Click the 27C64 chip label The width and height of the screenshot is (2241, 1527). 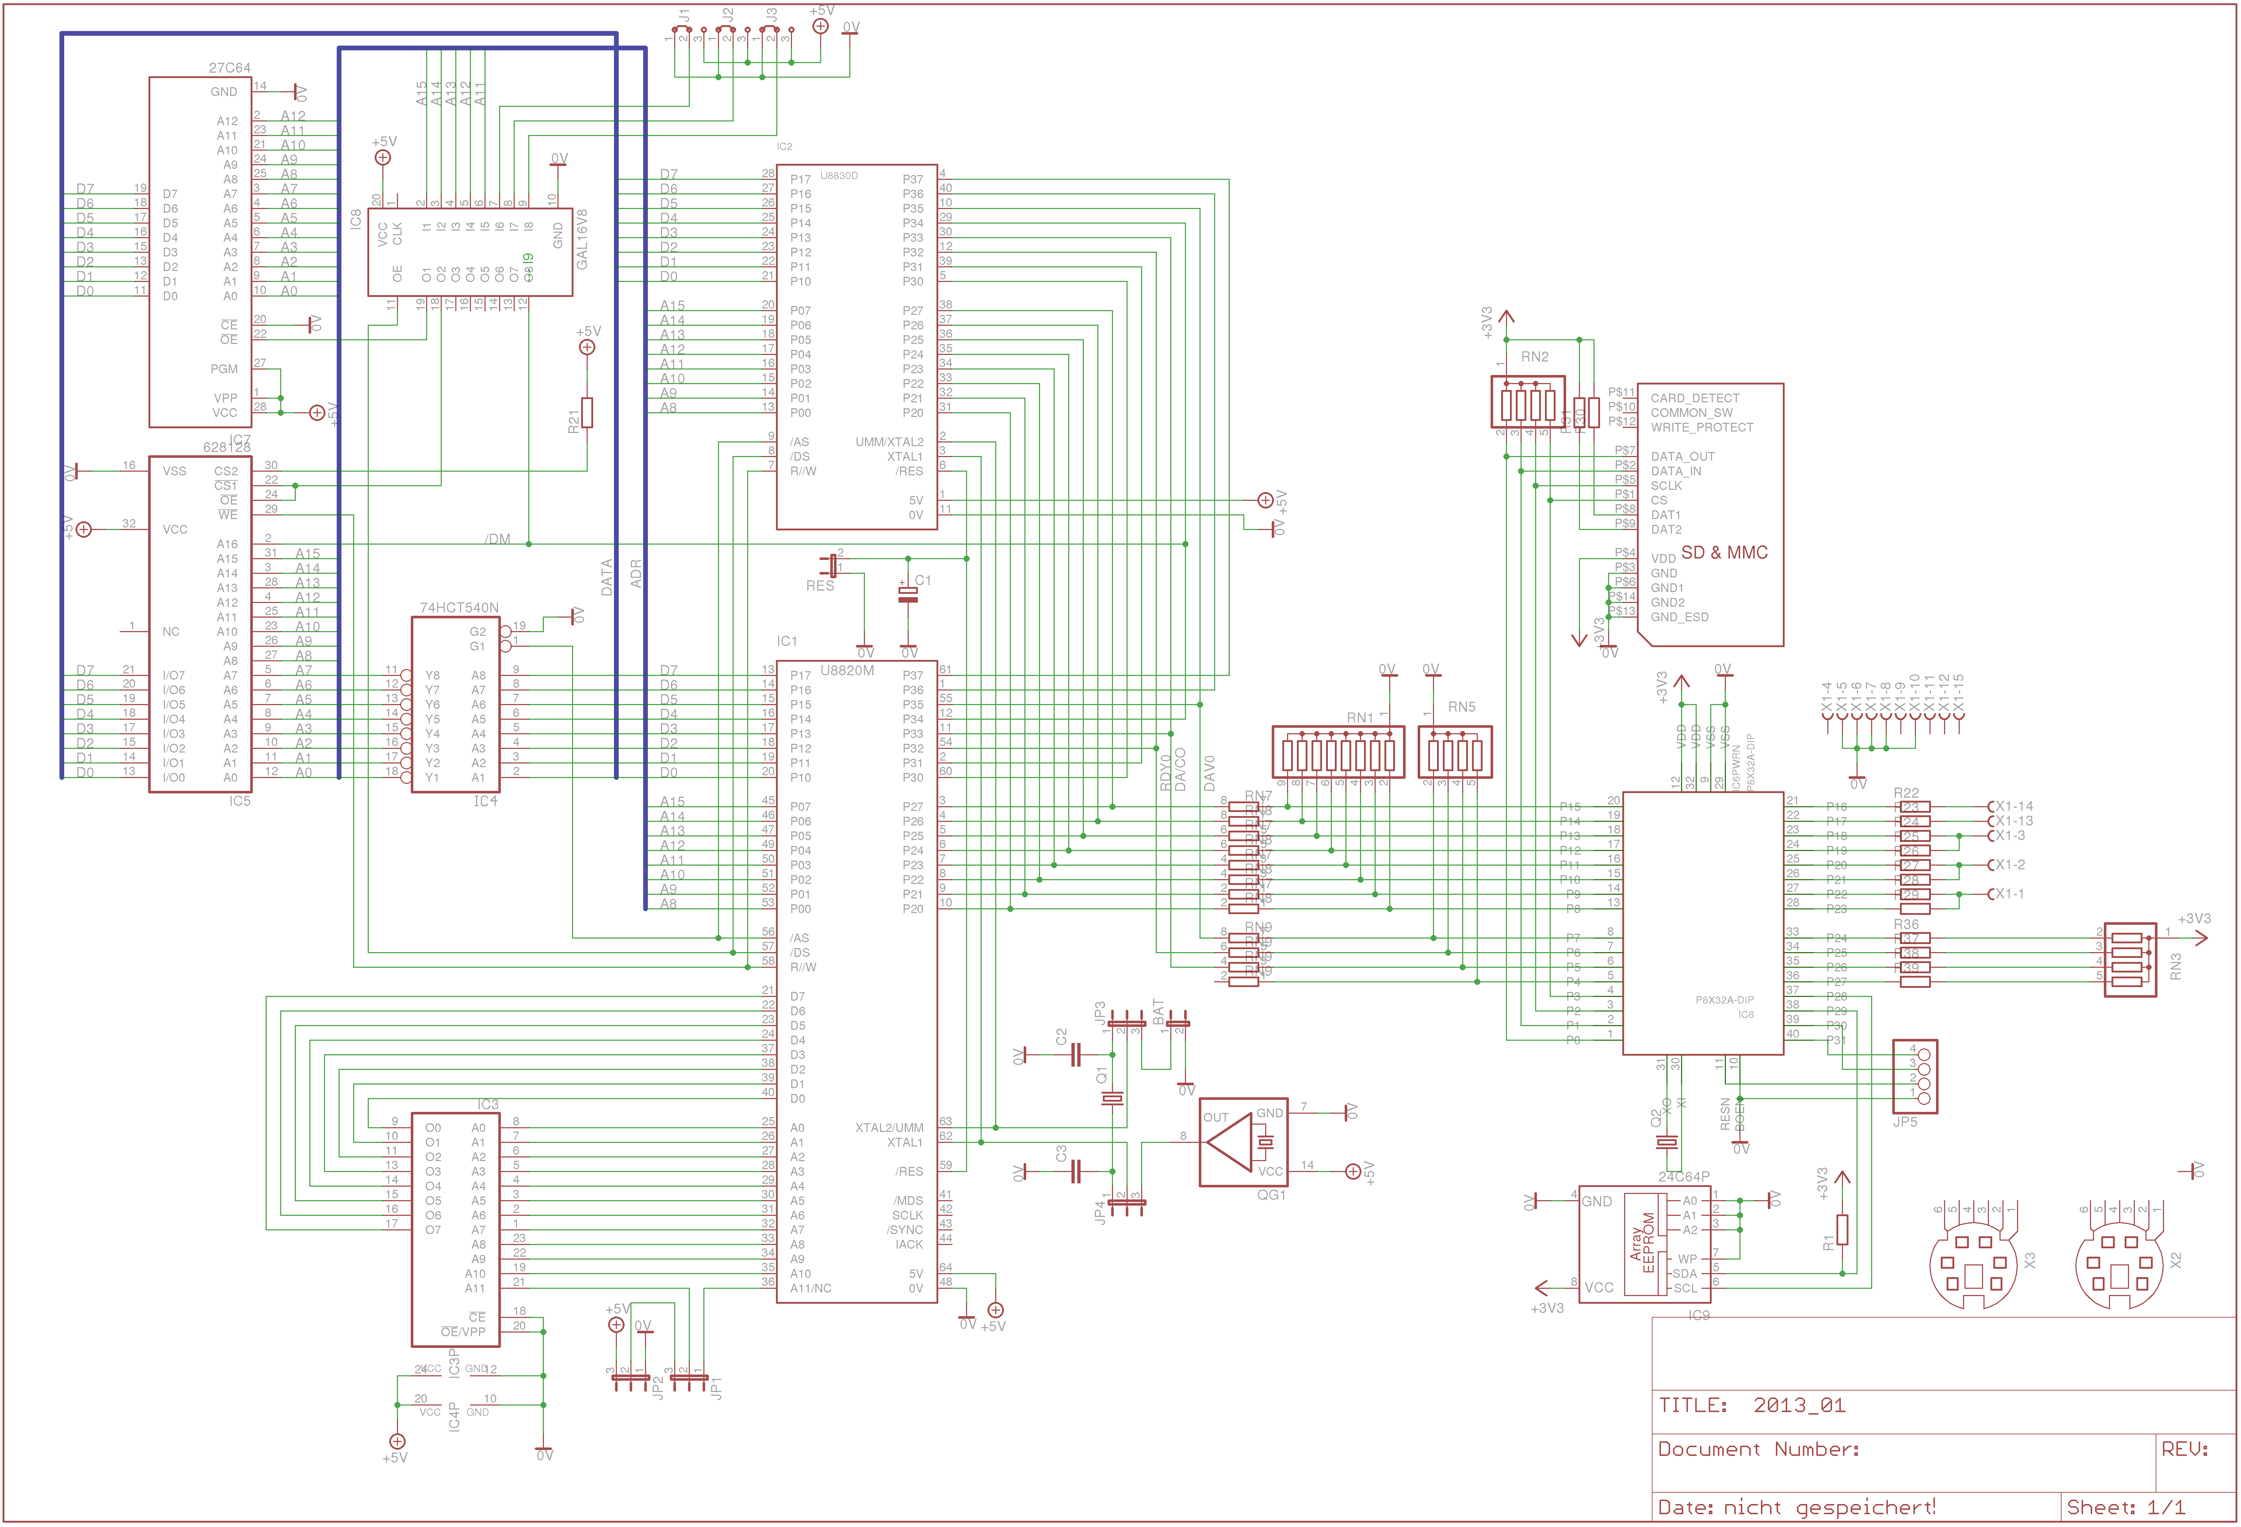[x=229, y=67]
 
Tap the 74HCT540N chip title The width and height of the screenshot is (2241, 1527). [x=459, y=607]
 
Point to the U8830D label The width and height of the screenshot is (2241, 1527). [x=839, y=175]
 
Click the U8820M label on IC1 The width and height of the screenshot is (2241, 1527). [x=847, y=670]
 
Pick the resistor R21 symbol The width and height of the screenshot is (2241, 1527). [x=587, y=413]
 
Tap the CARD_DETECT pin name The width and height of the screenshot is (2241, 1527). [x=1694, y=398]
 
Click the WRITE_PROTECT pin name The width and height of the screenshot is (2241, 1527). [x=1701, y=427]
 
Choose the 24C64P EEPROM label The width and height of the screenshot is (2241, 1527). [x=1684, y=1176]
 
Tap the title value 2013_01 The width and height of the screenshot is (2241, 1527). [x=1798, y=1404]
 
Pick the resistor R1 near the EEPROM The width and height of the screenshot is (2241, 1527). [x=1842, y=1230]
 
